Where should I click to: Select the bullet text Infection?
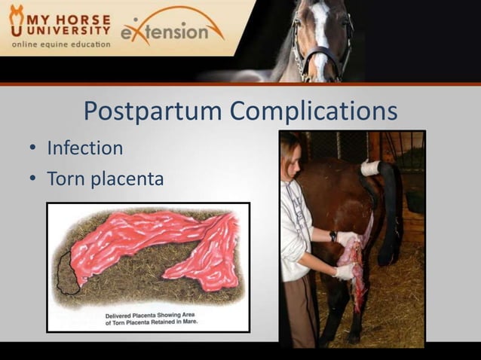[x=84, y=148]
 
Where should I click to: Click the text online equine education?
[x=60, y=44]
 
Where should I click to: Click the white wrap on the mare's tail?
[x=370, y=167]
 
